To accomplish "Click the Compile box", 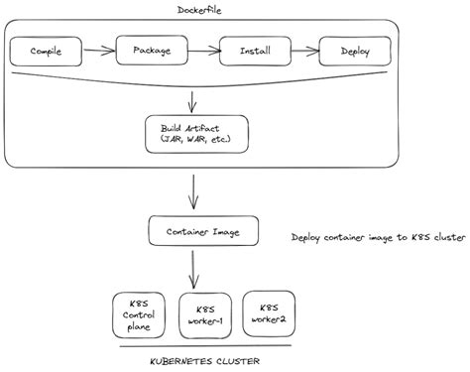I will [47, 49].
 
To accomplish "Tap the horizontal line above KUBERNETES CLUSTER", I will [202, 346].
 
